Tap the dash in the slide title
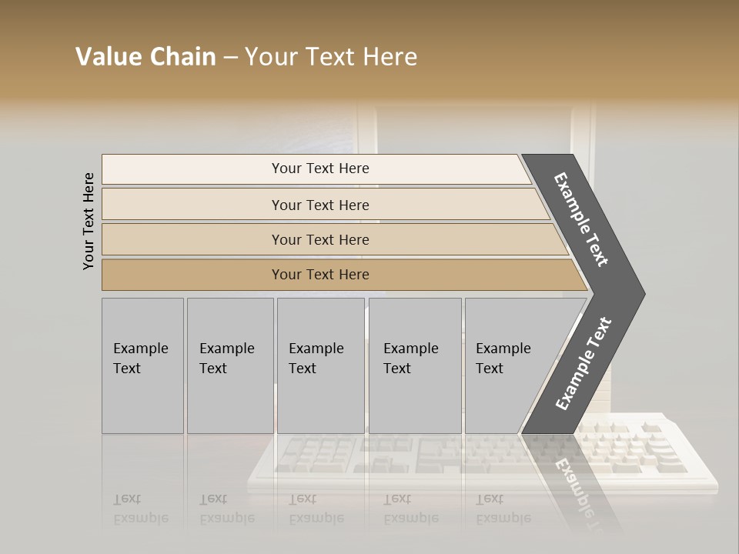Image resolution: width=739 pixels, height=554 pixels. point(230,58)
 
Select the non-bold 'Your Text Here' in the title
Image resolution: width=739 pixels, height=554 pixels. point(331,57)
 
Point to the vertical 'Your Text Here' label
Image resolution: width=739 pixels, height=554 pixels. point(89,221)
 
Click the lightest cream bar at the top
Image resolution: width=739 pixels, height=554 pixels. point(316,169)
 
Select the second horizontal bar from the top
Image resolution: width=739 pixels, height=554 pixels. point(319,205)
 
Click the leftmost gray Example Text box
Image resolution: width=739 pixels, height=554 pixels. point(142,365)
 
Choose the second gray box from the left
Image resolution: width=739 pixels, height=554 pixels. point(229,365)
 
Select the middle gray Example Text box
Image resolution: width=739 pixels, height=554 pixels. point(320,365)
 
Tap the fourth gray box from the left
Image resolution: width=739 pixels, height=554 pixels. point(414,365)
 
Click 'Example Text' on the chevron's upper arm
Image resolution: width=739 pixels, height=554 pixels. point(581,219)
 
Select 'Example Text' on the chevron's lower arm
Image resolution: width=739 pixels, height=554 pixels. point(583,363)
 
